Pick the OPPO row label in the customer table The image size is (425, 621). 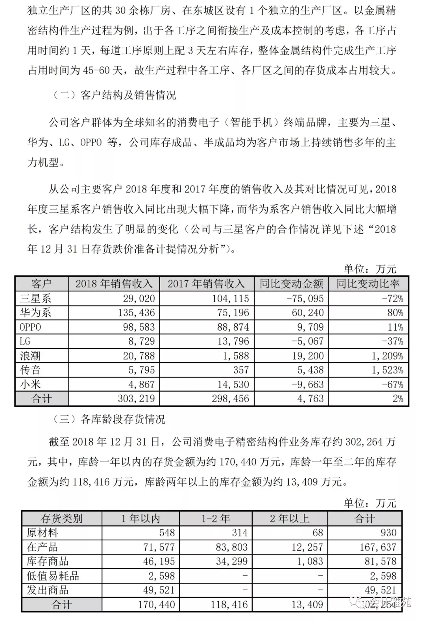(x=30, y=327)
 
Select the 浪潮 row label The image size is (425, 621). (x=30, y=356)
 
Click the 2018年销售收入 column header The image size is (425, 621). (x=114, y=284)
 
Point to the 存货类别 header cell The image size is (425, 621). (x=61, y=518)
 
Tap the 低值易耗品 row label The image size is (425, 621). (x=53, y=576)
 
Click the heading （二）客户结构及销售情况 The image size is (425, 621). (x=114, y=95)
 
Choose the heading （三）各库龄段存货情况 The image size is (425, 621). (x=109, y=419)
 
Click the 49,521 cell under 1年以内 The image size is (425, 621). (x=159, y=590)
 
